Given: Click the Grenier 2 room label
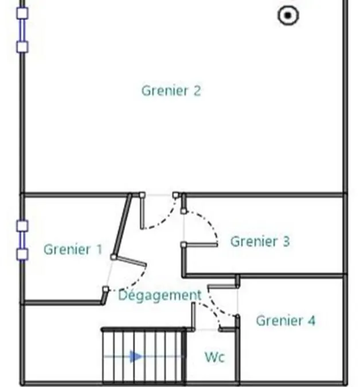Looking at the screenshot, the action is coord(171,91).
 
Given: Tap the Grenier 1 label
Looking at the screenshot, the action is coord(73,249).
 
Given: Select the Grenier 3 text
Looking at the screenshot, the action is coord(260,241).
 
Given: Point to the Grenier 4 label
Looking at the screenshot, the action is coord(285,320).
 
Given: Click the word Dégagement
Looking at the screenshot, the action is coord(160,295).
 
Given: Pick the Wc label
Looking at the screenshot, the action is coord(214,357).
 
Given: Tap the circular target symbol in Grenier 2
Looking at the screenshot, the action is coord(288,15).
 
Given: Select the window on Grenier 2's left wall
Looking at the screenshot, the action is coord(22,30).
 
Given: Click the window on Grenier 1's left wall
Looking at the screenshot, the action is coord(22,240).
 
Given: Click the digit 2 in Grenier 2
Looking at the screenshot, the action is coord(197,91).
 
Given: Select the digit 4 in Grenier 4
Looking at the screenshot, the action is coord(311,320).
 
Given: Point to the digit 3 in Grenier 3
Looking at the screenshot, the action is coord(286,241).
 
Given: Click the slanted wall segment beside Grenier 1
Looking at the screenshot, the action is coord(122,225).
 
